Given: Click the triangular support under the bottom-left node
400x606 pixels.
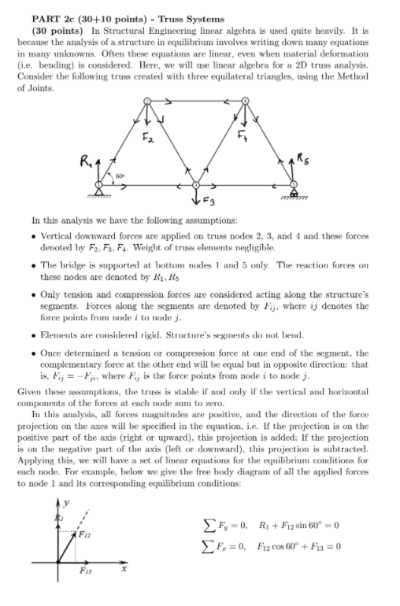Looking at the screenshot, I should click(x=99, y=194).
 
